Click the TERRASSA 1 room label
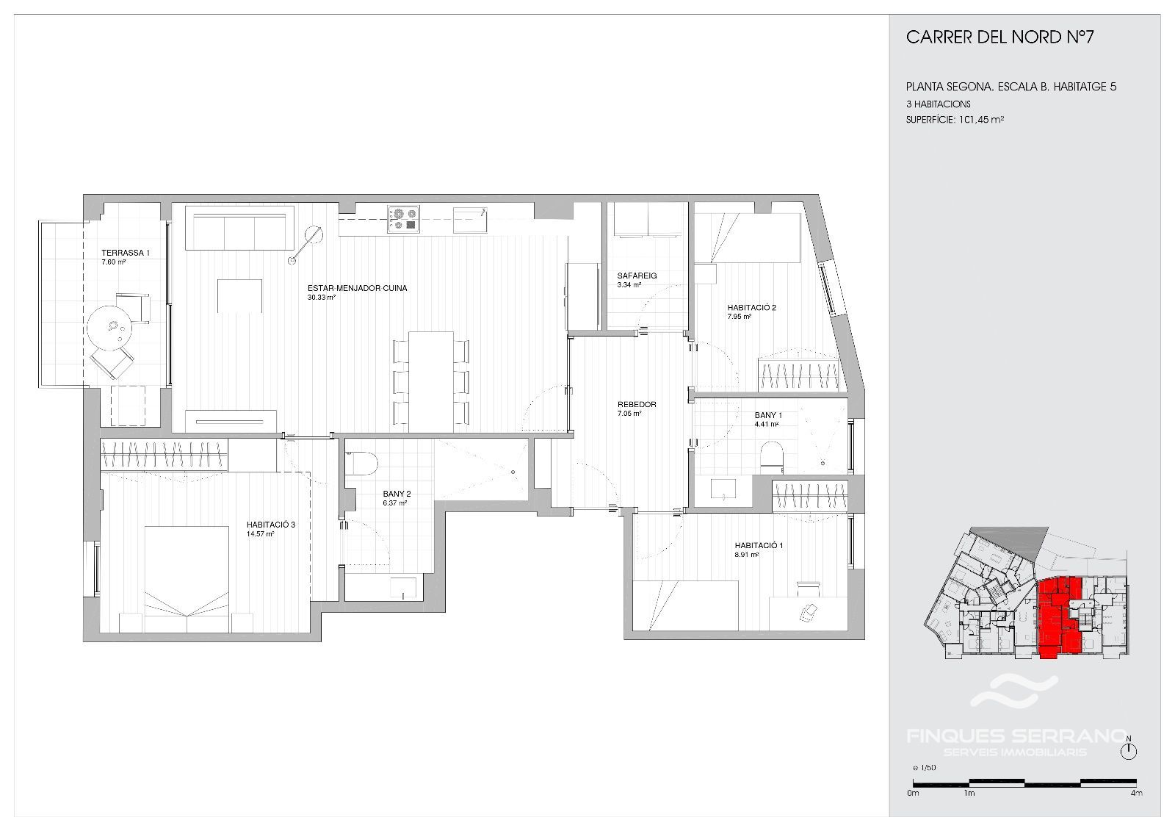tap(126, 253)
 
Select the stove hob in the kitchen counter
tap(403, 220)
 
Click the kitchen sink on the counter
tap(470, 220)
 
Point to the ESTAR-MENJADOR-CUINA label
tap(357, 288)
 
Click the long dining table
tap(430, 381)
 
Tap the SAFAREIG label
tap(637, 276)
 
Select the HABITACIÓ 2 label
tap(751, 308)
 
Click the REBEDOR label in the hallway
tap(637, 404)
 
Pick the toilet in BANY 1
tap(771, 455)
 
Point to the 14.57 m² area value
tap(260, 534)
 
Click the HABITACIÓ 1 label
tap(759, 545)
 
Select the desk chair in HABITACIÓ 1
tap(809, 611)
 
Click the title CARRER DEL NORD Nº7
tap(999, 37)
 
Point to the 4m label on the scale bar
tap(1136, 793)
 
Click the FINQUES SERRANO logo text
tap(1016, 736)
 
